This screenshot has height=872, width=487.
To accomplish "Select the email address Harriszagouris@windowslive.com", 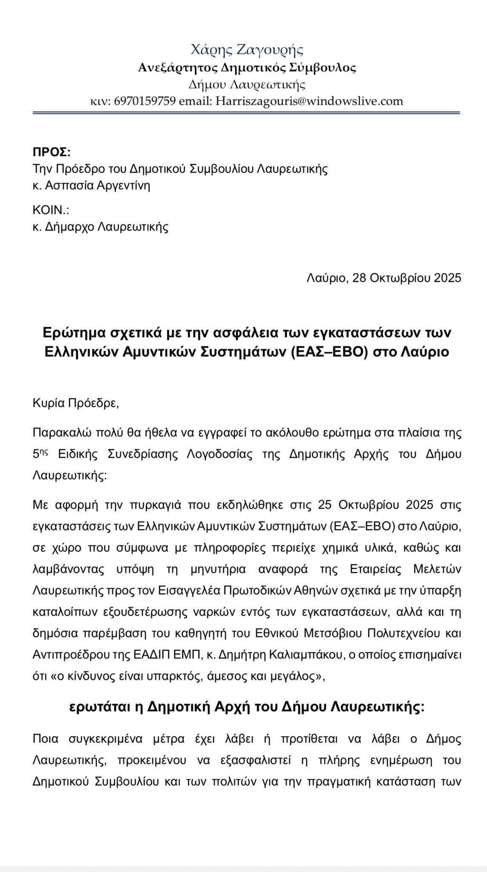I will point(309,101).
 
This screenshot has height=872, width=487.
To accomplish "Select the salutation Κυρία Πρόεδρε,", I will point(76,403).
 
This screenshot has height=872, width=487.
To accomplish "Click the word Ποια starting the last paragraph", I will point(46,739).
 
